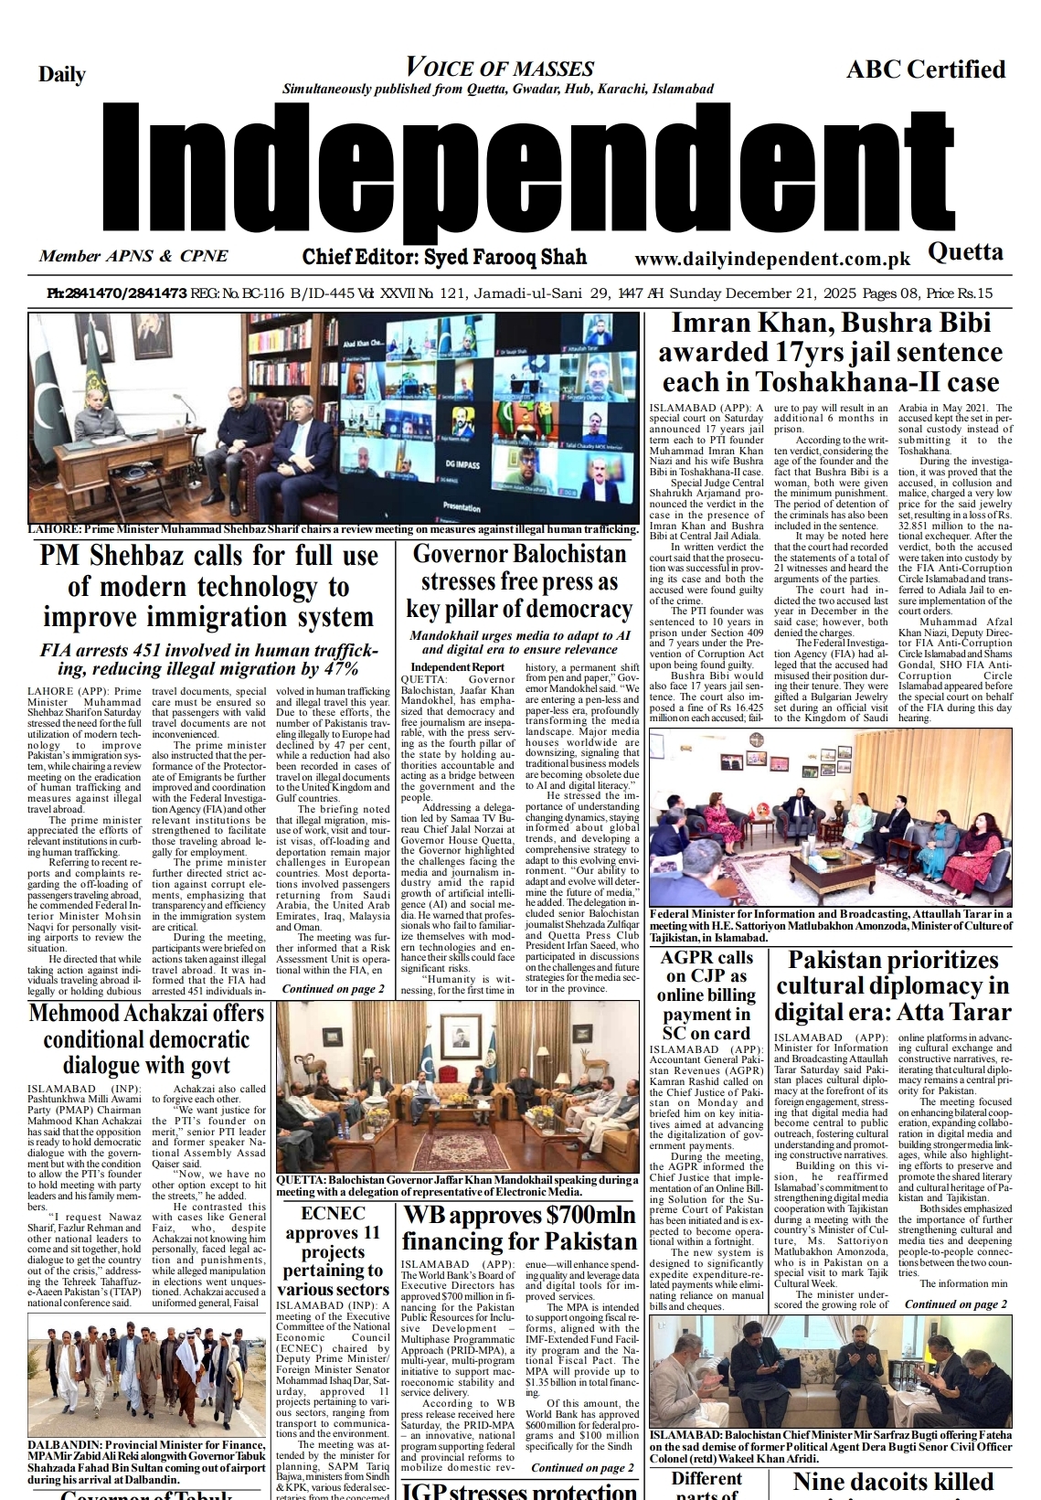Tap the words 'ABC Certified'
pyautogui.click(x=925, y=69)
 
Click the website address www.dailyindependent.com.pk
pyautogui.click(x=772, y=259)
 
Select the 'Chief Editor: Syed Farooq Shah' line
pyautogui.click(x=444, y=257)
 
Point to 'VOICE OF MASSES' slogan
pyautogui.click(x=499, y=68)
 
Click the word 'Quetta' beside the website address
pyautogui.click(x=965, y=252)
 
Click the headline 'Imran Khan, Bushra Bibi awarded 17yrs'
pyautogui.click(x=830, y=353)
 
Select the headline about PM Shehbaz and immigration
pyautogui.click(x=208, y=586)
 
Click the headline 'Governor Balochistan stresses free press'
pyautogui.click(x=519, y=581)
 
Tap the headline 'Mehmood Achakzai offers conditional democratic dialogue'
pyautogui.click(x=146, y=1039)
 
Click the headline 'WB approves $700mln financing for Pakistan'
pyautogui.click(x=519, y=1228)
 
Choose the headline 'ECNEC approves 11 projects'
pyautogui.click(x=333, y=1251)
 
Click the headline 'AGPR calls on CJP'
pyautogui.click(x=706, y=995)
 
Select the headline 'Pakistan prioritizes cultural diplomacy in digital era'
pyautogui.click(x=892, y=986)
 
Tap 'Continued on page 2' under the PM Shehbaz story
pyautogui.click(x=333, y=989)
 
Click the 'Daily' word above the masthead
pyautogui.click(x=62, y=75)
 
